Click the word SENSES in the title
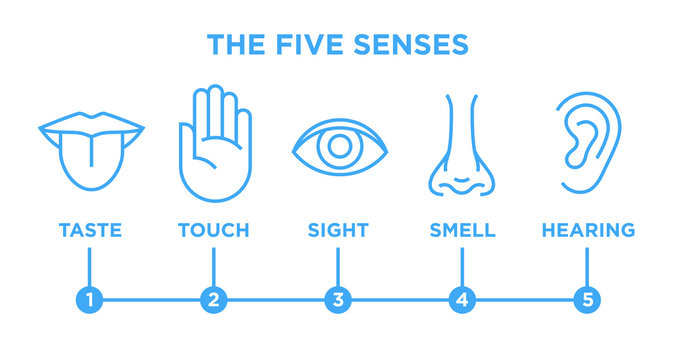pos(421,45)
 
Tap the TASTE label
pos(90,230)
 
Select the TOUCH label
pos(213,230)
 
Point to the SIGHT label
pos(338,230)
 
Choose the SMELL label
pos(462,230)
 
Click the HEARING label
pos(588,230)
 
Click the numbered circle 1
pos(90,298)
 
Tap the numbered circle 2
pos(213,298)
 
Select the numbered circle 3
pos(338,298)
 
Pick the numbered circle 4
pos(462,298)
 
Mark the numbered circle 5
pos(587,298)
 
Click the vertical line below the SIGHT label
pos(338,265)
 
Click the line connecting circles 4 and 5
pos(525,298)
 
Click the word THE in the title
pos(237,45)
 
